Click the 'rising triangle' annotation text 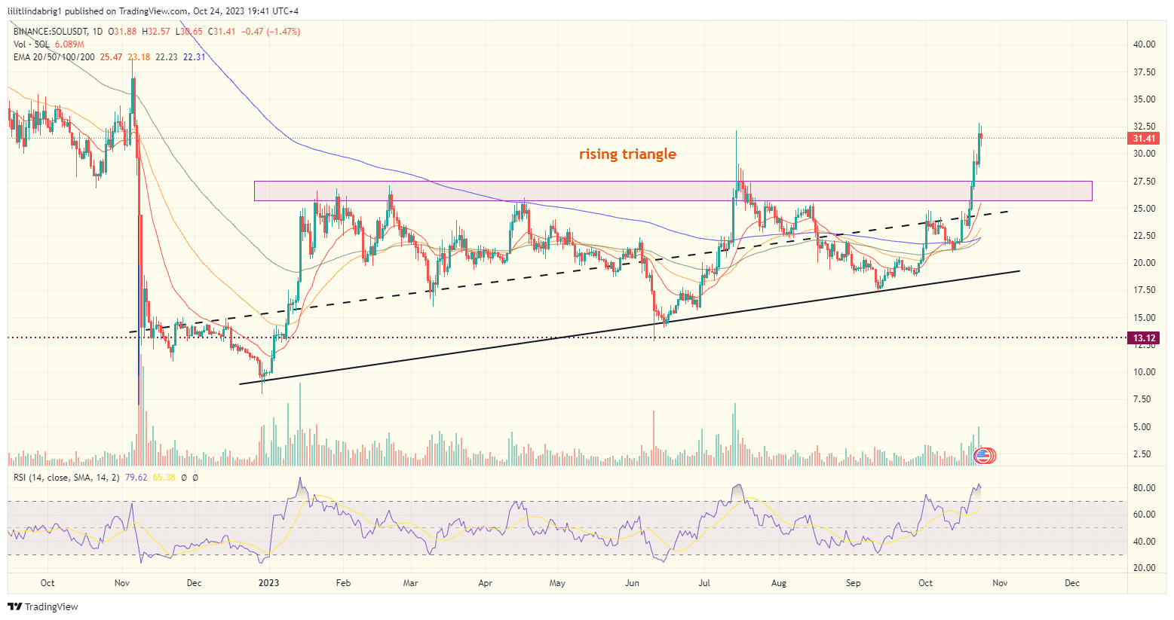627,154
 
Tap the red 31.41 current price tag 1144,139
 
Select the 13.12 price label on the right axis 1144,337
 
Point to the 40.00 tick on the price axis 1144,44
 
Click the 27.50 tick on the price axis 1144,182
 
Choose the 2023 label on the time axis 268,583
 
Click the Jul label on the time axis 705,583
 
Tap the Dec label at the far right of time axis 1072,583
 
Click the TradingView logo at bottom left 43,606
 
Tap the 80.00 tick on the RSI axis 1144,488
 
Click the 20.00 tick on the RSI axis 1144,568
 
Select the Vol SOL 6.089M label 48,44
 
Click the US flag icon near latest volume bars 982,455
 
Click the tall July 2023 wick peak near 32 736,132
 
